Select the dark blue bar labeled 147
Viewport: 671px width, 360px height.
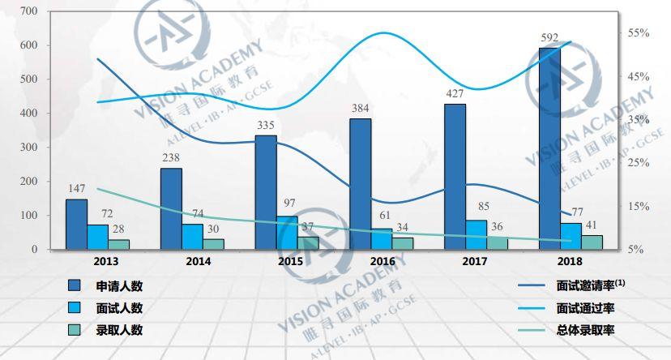[76, 224]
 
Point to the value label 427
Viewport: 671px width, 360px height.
[455, 93]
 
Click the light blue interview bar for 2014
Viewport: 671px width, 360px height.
[192, 237]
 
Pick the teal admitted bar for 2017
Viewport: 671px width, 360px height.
[498, 242]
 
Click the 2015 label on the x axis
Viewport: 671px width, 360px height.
[291, 261]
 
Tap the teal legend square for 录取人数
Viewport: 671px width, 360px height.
[74, 330]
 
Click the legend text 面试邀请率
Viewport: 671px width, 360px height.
[583, 286]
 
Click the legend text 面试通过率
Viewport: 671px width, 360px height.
[583, 308]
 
